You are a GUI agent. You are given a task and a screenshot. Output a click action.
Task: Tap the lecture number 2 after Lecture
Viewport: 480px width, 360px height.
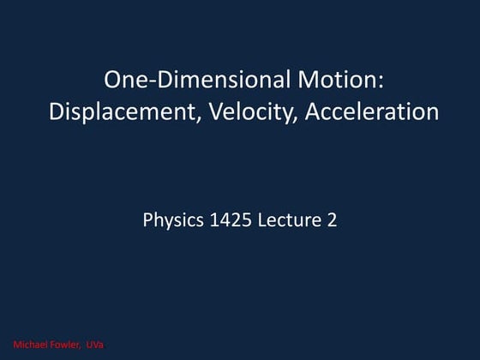pos(331,219)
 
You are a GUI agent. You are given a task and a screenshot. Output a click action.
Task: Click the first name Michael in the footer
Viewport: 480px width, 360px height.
pos(30,345)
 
